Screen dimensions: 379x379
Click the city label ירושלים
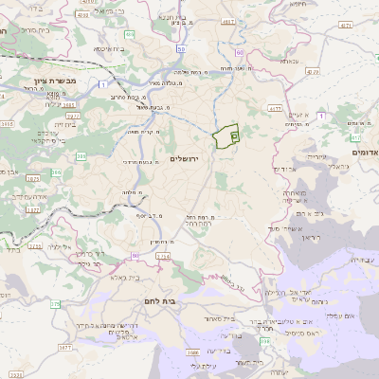pos(186,158)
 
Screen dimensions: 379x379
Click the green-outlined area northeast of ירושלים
pos(225,137)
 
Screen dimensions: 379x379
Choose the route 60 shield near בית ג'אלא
pos(135,255)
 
